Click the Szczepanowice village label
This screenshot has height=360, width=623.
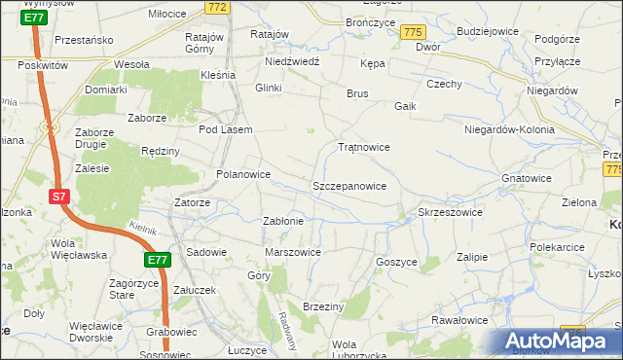[x=348, y=185]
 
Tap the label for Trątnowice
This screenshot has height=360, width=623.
[x=363, y=147]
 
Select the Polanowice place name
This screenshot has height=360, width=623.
[x=242, y=175]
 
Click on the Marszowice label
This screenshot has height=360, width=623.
[x=293, y=252]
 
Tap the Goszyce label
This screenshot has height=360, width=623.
[x=396, y=262]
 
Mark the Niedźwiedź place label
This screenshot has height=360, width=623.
[x=292, y=60]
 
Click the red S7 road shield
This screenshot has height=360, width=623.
[x=59, y=197]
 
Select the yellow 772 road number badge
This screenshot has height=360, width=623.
[x=217, y=7]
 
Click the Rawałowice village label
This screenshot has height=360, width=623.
[x=459, y=320]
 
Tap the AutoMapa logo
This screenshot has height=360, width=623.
[x=561, y=341]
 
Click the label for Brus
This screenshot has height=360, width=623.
[x=357, y=93]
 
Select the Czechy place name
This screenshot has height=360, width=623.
[x=443, y=84]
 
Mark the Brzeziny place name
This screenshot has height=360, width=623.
[x=324, y=306]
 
